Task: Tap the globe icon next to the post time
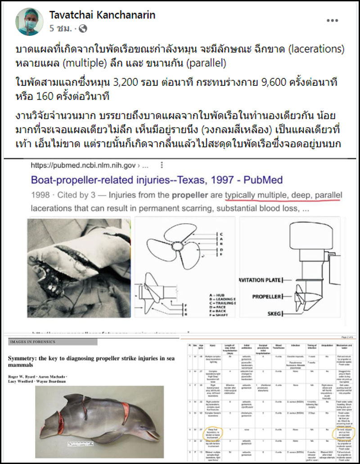click(82, 28)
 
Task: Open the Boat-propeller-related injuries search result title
click(157, 180)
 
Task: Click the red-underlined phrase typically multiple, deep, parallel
click(283, 196)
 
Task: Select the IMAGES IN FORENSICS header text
click(32, 342)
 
